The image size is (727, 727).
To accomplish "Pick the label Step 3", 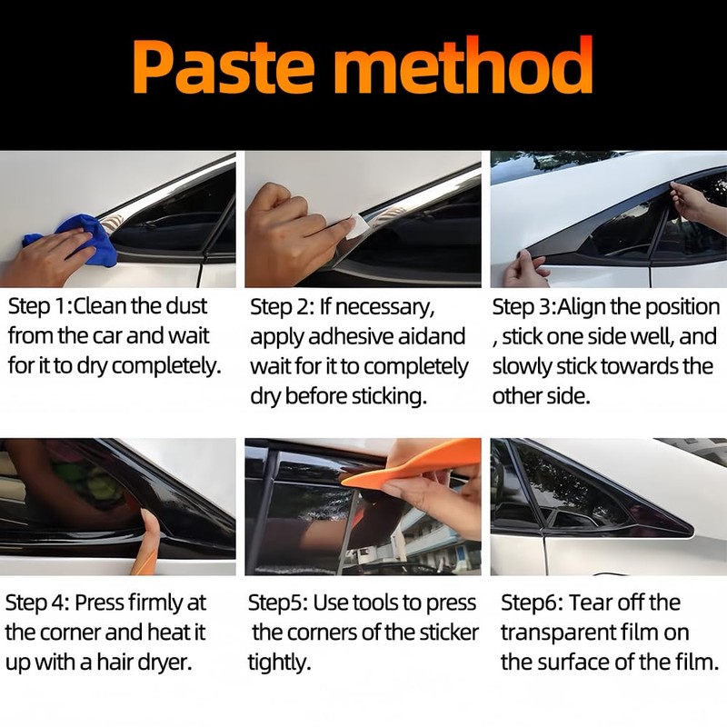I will pyautogui.click(x=523, y=306).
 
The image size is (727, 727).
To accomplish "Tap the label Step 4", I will pyautogui.click(x=36, y=603).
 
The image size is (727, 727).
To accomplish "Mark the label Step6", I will pyautogui.click(x=530, y=603).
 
